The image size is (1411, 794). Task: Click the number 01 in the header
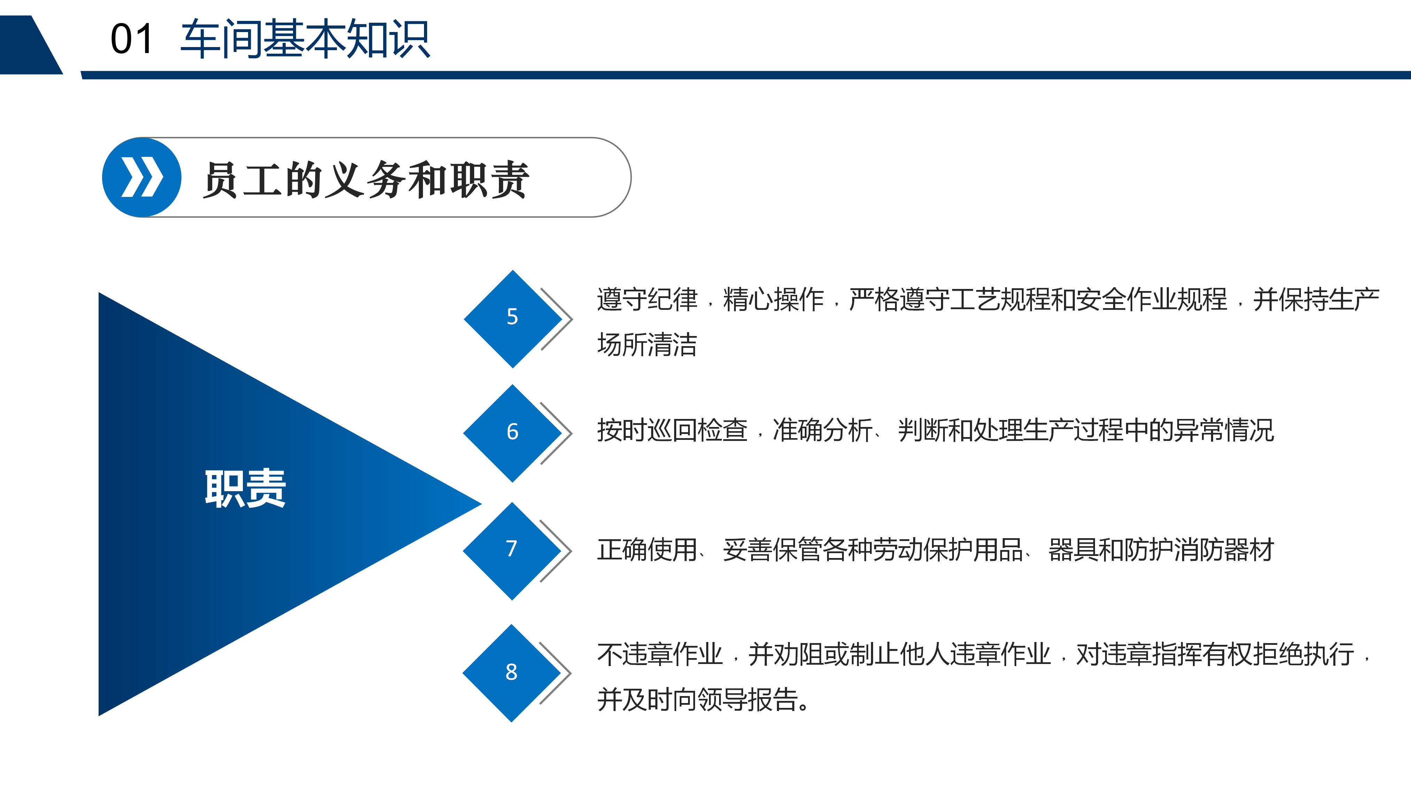pyautogui.click(x=131, y=39)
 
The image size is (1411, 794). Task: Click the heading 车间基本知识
pyautogui.click(x=305, y=39)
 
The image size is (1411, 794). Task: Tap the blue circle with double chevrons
pyautogui.click(x=142, y=177)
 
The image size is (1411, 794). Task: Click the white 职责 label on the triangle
pyautogui.click(x=245, y=488)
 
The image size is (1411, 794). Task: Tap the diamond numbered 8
pyautogui.click(x=511, y=673)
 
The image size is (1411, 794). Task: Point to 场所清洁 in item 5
pyautogui.click(x=647, y=345)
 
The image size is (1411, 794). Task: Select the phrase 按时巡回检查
pyautogui.click(x=673, y=430)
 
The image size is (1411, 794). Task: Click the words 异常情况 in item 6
pyautogui.click(x=1224, y=430)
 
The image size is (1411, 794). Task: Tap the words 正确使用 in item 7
pyautogui.click(x=647, y=550)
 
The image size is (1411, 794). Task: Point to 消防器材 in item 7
pyautogui.click(x=1224, y=550)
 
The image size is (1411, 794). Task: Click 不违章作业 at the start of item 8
pyautogui.click(x=660, y=654)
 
